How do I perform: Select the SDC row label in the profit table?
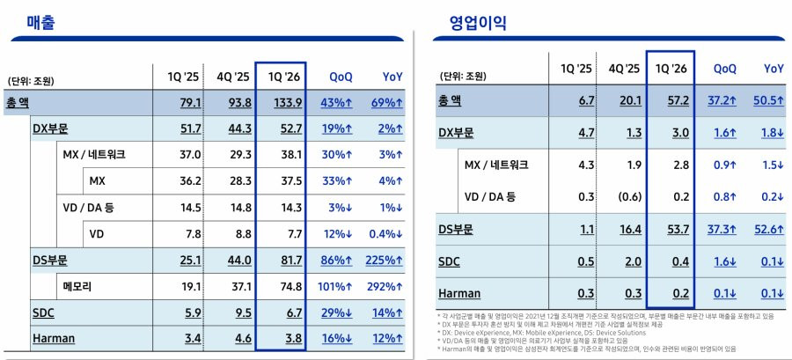[x=453, y=261]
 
